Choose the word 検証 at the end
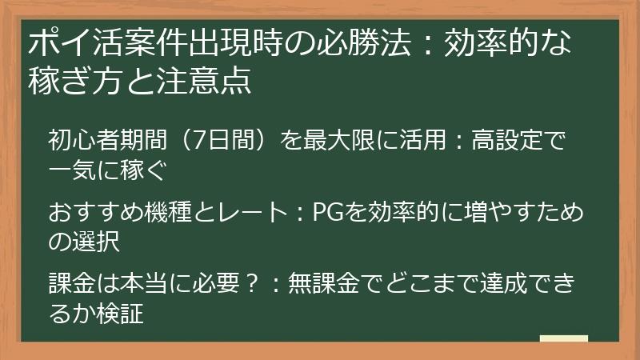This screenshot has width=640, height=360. [x=121, y=313]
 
